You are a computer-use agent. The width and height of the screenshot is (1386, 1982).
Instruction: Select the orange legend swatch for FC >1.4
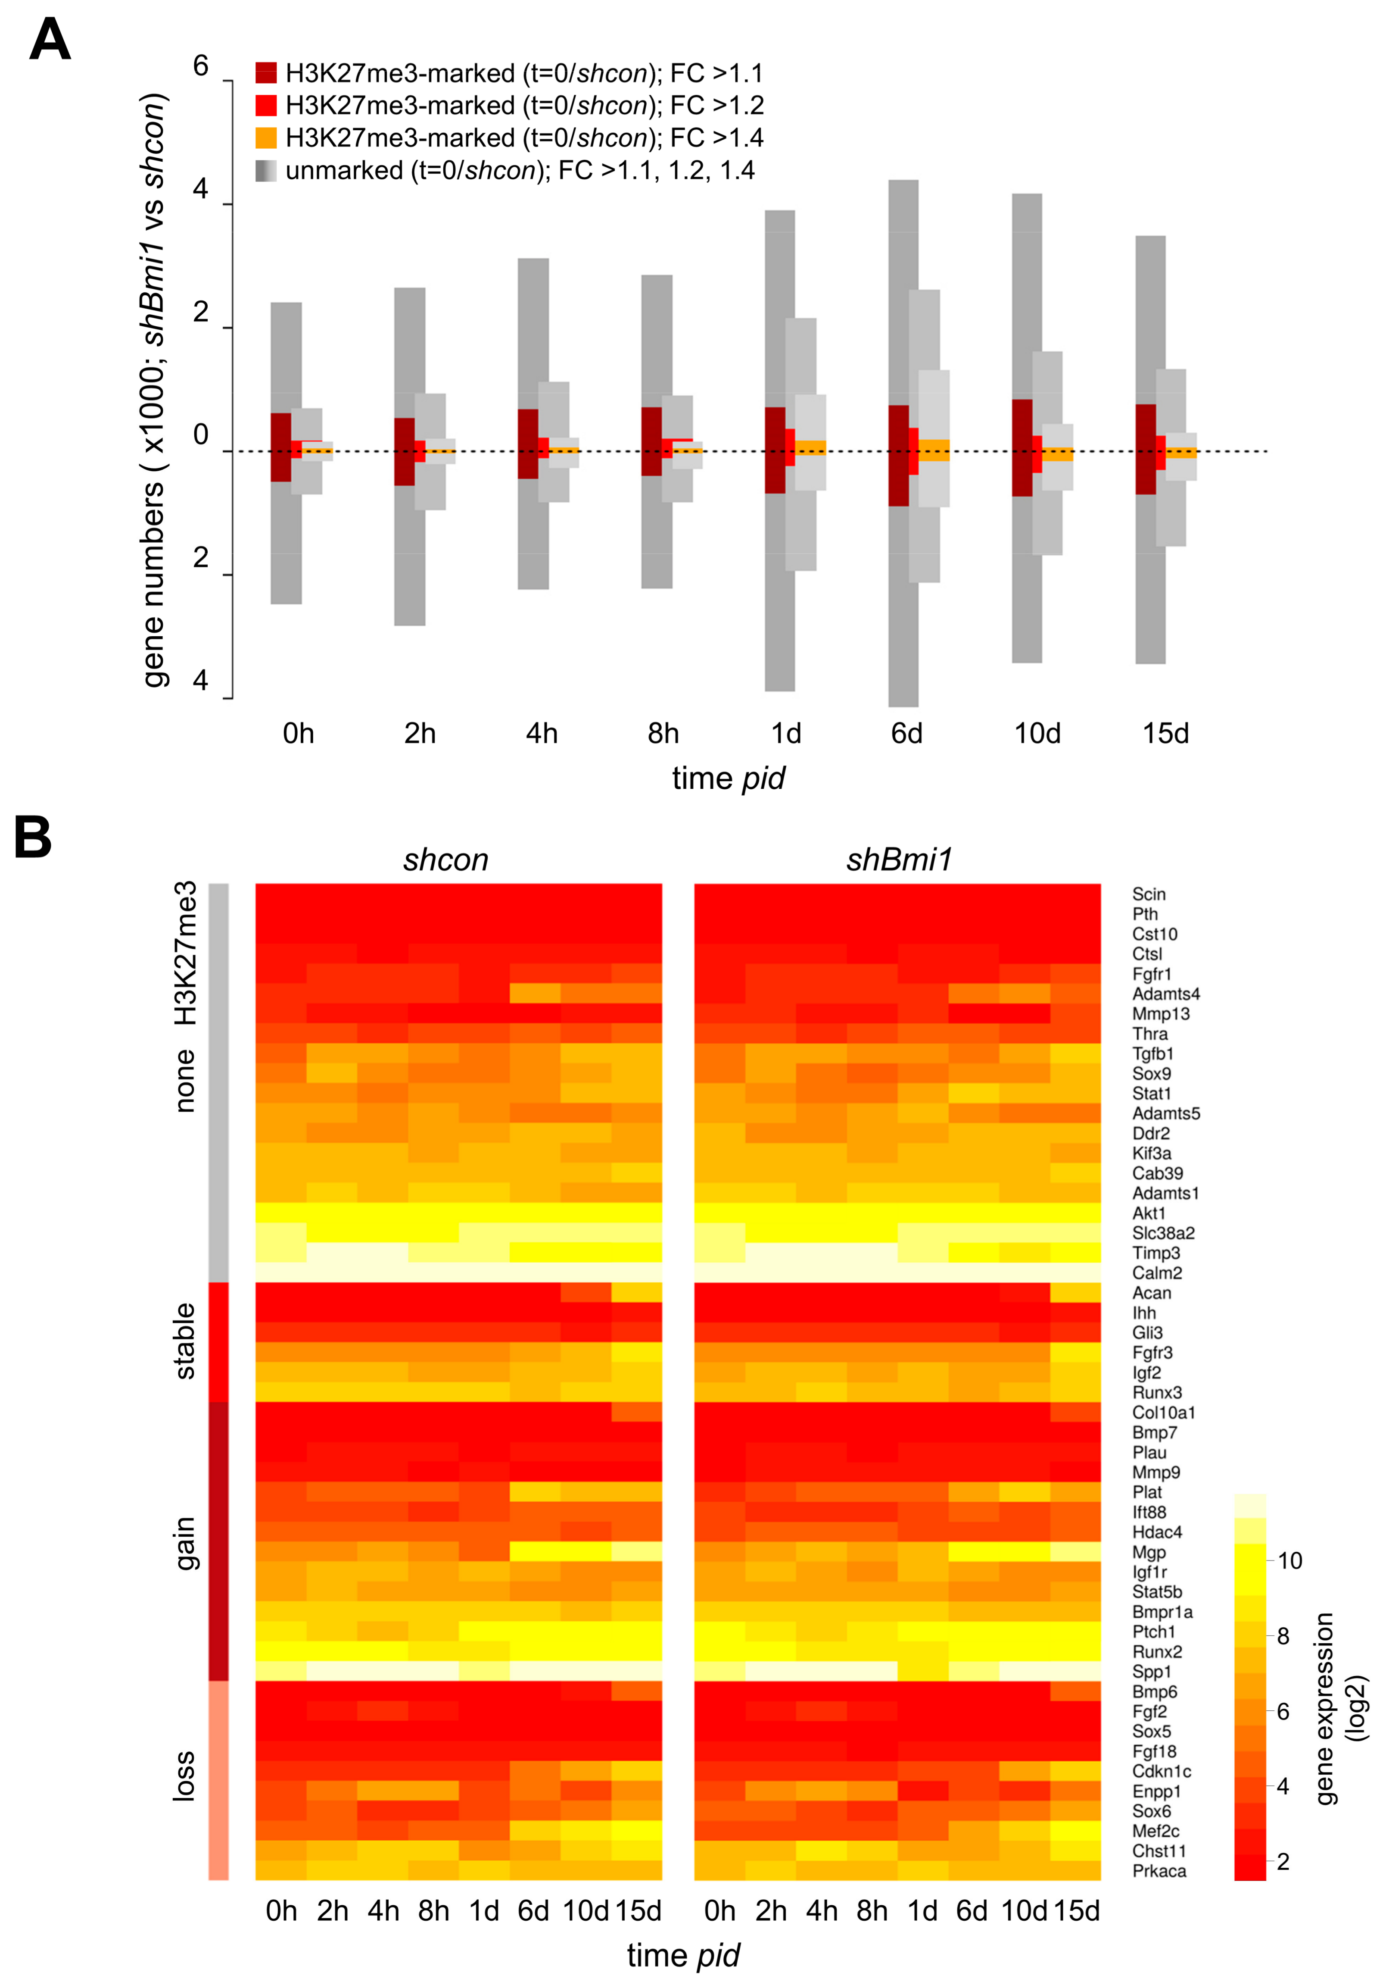coord(266,138)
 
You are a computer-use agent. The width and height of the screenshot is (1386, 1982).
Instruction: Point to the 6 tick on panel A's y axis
coord(201,66)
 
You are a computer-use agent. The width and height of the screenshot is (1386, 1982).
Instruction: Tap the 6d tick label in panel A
coord(906,734)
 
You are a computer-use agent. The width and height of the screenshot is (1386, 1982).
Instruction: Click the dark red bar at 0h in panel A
coord(280,447)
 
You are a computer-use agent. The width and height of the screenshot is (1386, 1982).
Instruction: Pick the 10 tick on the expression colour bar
coord(1289,1561)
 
